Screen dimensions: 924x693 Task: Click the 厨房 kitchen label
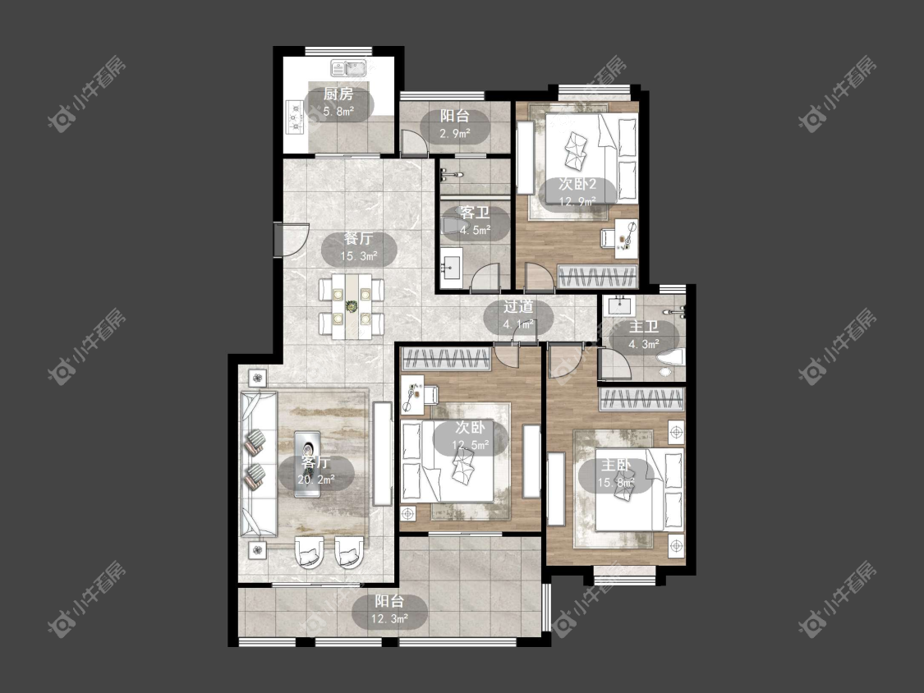338,94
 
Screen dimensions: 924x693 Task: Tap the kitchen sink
349,68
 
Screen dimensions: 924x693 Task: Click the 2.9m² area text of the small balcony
454,134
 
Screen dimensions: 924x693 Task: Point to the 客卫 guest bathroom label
475,212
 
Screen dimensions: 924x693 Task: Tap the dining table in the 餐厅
352,305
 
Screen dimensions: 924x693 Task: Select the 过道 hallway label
518,306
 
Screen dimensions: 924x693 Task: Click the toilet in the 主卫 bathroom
670,360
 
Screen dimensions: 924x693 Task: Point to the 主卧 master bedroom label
616,465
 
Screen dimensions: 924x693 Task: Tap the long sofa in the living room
259,464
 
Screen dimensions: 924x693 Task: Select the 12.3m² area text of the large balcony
389,619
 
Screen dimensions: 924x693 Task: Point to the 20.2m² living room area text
316,480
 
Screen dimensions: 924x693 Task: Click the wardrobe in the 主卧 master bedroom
642,399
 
